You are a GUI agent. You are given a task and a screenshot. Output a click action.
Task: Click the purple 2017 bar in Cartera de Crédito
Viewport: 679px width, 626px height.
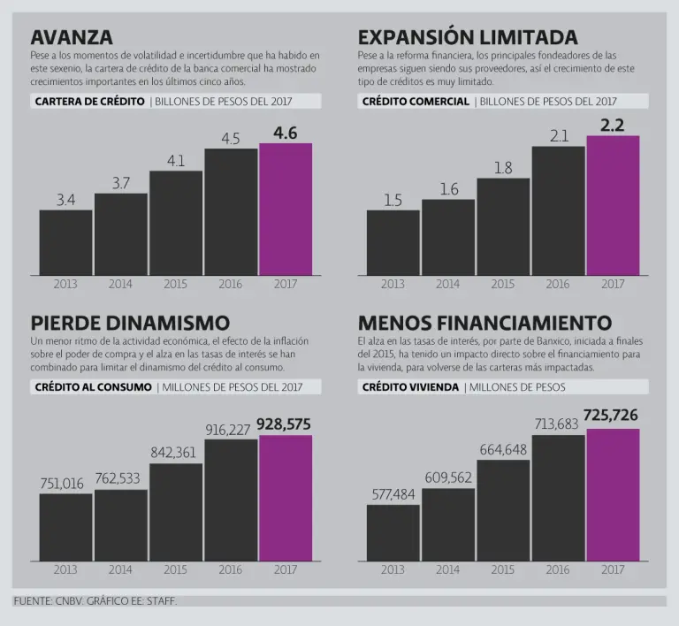(285, 209)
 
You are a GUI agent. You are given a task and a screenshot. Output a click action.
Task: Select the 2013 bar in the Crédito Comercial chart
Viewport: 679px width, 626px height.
(393, 241)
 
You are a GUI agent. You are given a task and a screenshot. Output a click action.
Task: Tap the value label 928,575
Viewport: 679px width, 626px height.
(284, 424)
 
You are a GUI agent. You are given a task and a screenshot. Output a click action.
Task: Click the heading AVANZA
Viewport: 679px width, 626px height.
(72, 37)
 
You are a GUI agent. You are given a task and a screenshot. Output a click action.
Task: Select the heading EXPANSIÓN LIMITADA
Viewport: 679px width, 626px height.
(468, 37)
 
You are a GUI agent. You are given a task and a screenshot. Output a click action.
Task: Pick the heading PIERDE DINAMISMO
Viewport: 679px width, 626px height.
(129, 323)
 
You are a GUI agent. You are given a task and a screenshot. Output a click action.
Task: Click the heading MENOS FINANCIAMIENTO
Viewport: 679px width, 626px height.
(484, 323)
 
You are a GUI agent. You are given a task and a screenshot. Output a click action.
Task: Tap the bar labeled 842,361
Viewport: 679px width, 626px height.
(175, 512)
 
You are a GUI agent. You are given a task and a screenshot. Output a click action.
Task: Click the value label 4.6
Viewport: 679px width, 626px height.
(285, 133)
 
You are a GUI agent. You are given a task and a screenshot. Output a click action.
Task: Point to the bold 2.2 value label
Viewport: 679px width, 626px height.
(612, 126)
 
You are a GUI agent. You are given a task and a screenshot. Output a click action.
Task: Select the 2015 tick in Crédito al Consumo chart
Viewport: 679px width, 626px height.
(175, 570)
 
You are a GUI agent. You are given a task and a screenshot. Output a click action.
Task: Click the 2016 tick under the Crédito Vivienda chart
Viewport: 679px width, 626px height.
(558, 570)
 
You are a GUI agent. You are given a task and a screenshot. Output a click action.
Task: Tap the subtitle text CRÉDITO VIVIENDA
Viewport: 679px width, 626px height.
(410, 386)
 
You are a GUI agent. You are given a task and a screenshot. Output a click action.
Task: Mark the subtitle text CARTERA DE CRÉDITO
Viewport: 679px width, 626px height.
(89, 101)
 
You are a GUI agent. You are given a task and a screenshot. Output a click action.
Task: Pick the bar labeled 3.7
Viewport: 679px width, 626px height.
(120, 233)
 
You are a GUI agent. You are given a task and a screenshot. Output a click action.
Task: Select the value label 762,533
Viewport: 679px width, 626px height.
(120, 478)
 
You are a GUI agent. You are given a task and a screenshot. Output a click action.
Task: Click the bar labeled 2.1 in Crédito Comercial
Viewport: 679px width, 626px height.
(558, 210)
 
